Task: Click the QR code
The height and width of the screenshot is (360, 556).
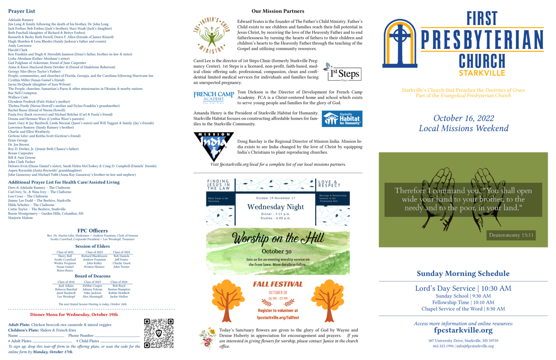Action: point(159,333)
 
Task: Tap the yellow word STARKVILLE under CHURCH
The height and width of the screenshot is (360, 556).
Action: point(482,72)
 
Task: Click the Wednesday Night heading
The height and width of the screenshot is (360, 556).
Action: point(275,207)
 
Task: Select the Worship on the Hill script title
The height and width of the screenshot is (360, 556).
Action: point(278,238)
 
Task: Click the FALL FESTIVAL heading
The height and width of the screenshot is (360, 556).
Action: point(278,284)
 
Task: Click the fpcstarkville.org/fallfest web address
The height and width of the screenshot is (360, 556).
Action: point(278,317)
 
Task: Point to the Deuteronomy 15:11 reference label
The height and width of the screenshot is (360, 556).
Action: point(511,235)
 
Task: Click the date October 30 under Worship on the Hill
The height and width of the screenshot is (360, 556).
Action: point(276,251)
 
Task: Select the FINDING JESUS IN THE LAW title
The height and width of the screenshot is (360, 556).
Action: point(218,185)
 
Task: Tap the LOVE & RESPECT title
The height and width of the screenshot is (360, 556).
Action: point(330,183)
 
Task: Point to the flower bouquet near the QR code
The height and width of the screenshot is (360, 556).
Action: point(208,338)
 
